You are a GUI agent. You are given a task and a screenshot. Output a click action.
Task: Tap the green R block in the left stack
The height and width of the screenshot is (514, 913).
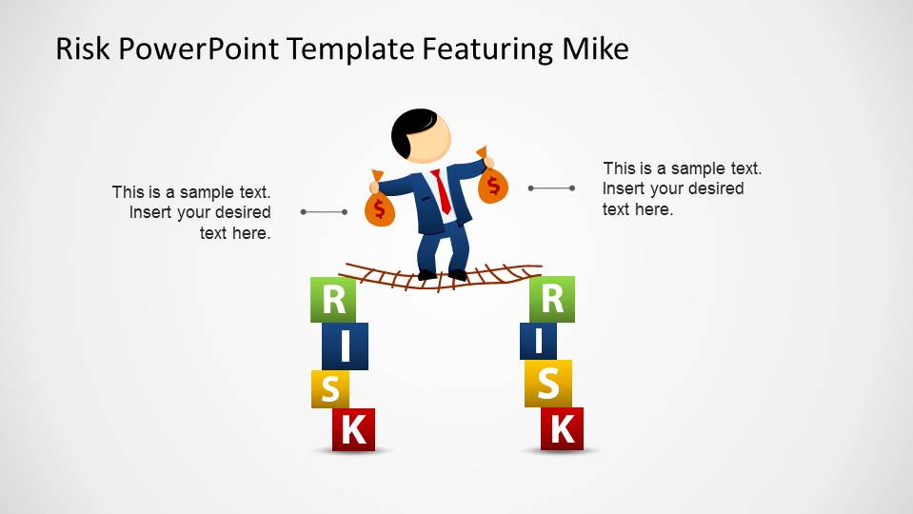point(333,300)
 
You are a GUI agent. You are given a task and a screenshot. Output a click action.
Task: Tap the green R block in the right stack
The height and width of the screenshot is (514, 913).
point(552,299)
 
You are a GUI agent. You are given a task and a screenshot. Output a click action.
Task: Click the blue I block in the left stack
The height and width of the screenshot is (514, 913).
point(345,346)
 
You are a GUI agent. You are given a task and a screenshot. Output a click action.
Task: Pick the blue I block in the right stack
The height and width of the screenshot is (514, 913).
point(539,341)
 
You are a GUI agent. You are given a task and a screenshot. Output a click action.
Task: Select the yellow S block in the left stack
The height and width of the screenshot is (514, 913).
point(330,389)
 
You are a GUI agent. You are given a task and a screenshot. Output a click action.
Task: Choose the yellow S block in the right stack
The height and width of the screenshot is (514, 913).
point(548,383)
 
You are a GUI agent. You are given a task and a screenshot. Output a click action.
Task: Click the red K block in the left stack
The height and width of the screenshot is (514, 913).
point(353,430)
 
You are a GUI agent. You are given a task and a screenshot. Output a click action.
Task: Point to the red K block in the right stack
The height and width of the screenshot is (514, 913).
point(562,428)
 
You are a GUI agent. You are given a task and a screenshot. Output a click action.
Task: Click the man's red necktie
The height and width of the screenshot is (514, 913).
point(443,192)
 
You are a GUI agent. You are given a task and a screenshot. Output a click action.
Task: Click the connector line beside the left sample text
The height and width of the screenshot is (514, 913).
point(324,211)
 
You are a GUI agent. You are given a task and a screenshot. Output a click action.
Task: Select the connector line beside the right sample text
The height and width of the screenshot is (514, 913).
point(551,188)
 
